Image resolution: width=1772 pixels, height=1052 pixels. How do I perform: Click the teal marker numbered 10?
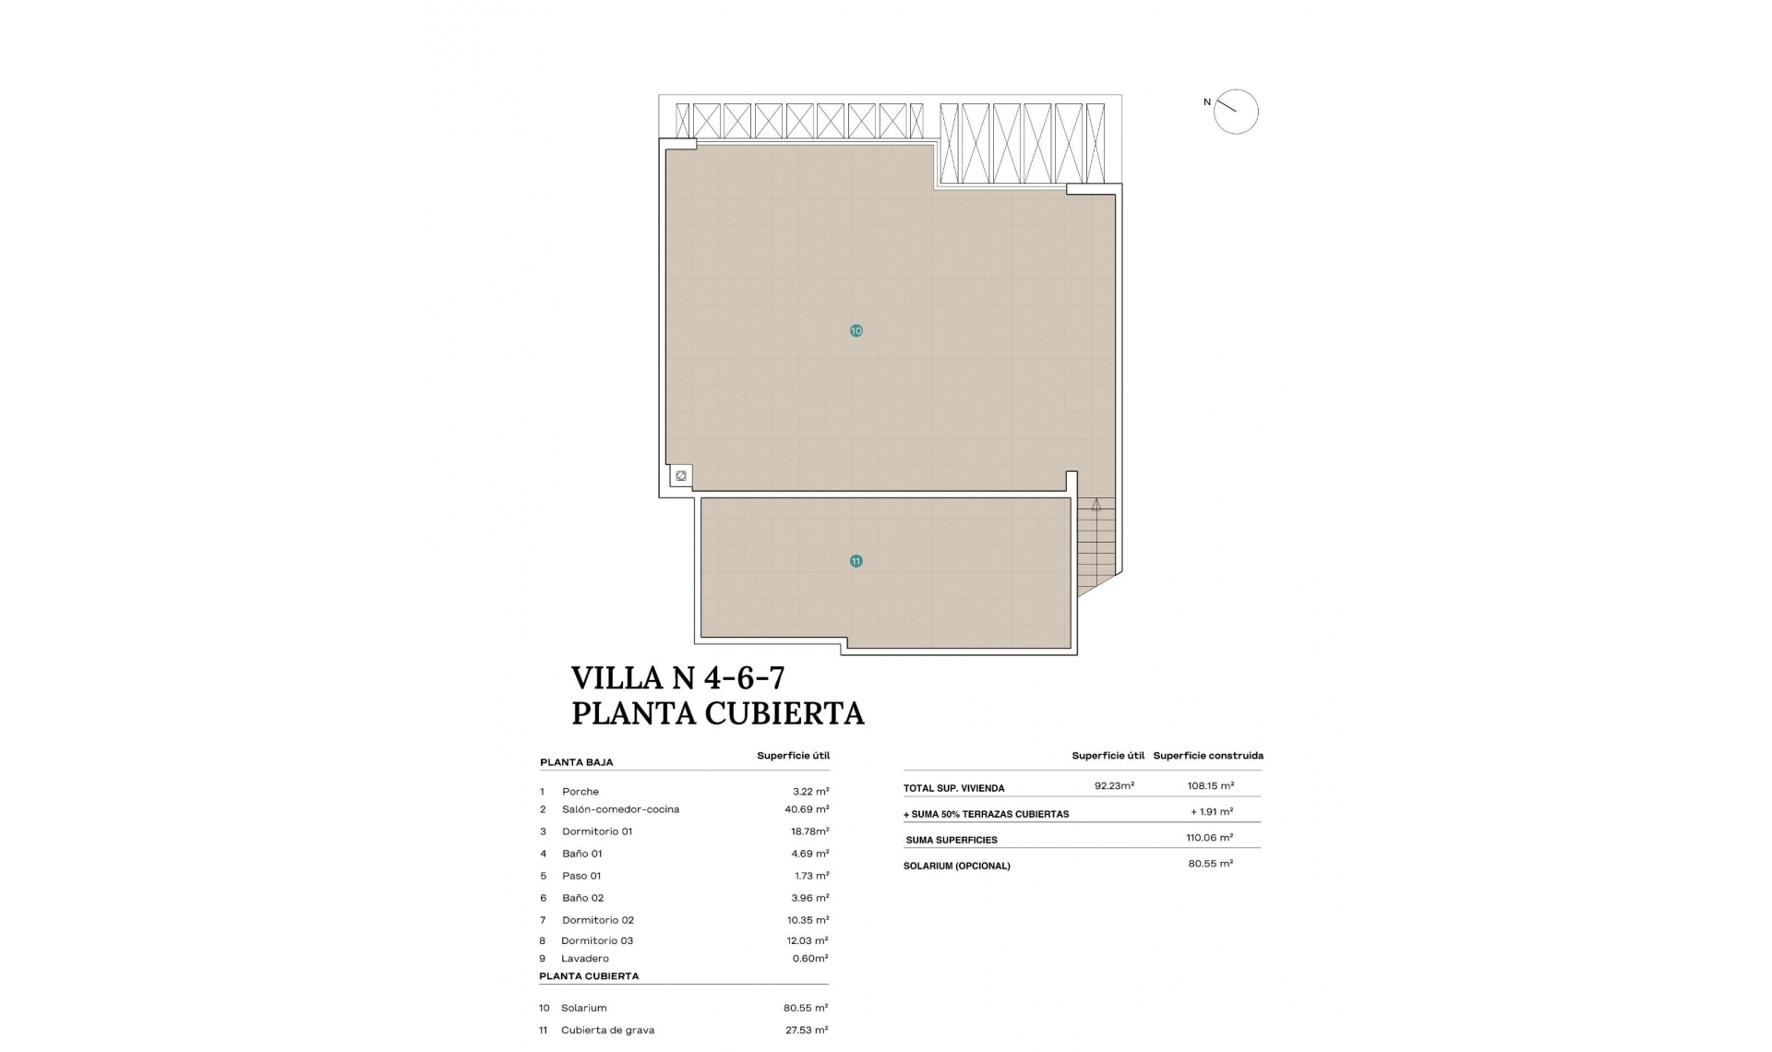pyautogui.click(x=856, y=330)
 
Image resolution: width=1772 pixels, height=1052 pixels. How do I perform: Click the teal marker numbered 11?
pyautogui.click(x=856, y=561)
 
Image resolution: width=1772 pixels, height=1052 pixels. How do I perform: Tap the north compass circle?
pyautogui.click(x=1236, y=112)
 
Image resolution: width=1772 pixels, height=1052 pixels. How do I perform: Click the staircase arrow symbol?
pyautogui.click(x=1096, y=505)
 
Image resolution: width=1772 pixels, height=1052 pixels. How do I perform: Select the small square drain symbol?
pyautogui.click(x=681, y=476)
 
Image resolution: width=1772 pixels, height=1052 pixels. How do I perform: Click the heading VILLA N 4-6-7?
pyautogui.click(x=677, y=678)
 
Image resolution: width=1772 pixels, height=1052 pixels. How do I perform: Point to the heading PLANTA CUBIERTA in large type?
pyautogui.click(x=717, y=713)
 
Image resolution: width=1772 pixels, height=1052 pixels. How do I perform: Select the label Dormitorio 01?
pyautogui.click(x=596, y=831)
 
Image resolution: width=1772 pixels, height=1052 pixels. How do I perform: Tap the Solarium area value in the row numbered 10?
pyautogui.click(x=805, y=1008)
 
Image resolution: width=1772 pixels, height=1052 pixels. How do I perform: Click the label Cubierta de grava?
pyautogui.click(x=607, y=1030)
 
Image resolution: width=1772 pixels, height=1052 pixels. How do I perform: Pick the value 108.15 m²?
pyautogui.click(x=1210, y=786)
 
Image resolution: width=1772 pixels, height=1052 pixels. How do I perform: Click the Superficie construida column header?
pyautogui.click(x=1207, y=756)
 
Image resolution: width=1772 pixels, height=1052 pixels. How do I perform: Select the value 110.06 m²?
pyautogui.click(x=1209, y=838)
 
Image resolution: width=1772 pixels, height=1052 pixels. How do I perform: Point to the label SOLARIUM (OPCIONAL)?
pyautogui.click(x=956, y=867)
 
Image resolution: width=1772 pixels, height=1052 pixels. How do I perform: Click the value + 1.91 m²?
pyautogui.click(x=1211, y=812)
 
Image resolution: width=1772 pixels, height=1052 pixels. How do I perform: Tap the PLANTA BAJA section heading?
pyautogui.click(x=576, y=763)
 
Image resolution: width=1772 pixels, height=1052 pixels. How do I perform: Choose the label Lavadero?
pyautogui.click(x=584, y=959)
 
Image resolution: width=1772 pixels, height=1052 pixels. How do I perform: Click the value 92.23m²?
pyautogui.click(x=1114, y=786)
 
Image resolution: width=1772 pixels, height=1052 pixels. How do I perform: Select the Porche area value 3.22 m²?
pyautogui.click(x=810, y=792)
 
